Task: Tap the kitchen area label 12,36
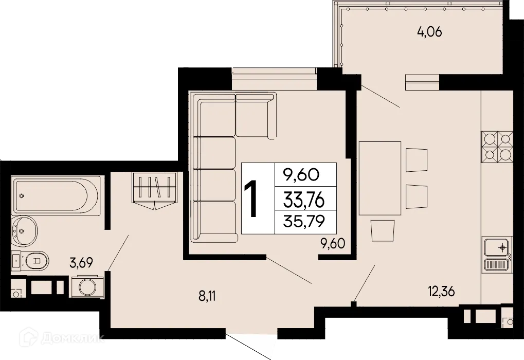[441, 292]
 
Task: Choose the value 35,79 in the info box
[305, 222]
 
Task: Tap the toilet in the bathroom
[35, 260]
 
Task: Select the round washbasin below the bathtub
[25, 231]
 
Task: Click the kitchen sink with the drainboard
[497, 254]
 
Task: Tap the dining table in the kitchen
[380, 178]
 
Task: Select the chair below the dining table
[383, 230]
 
